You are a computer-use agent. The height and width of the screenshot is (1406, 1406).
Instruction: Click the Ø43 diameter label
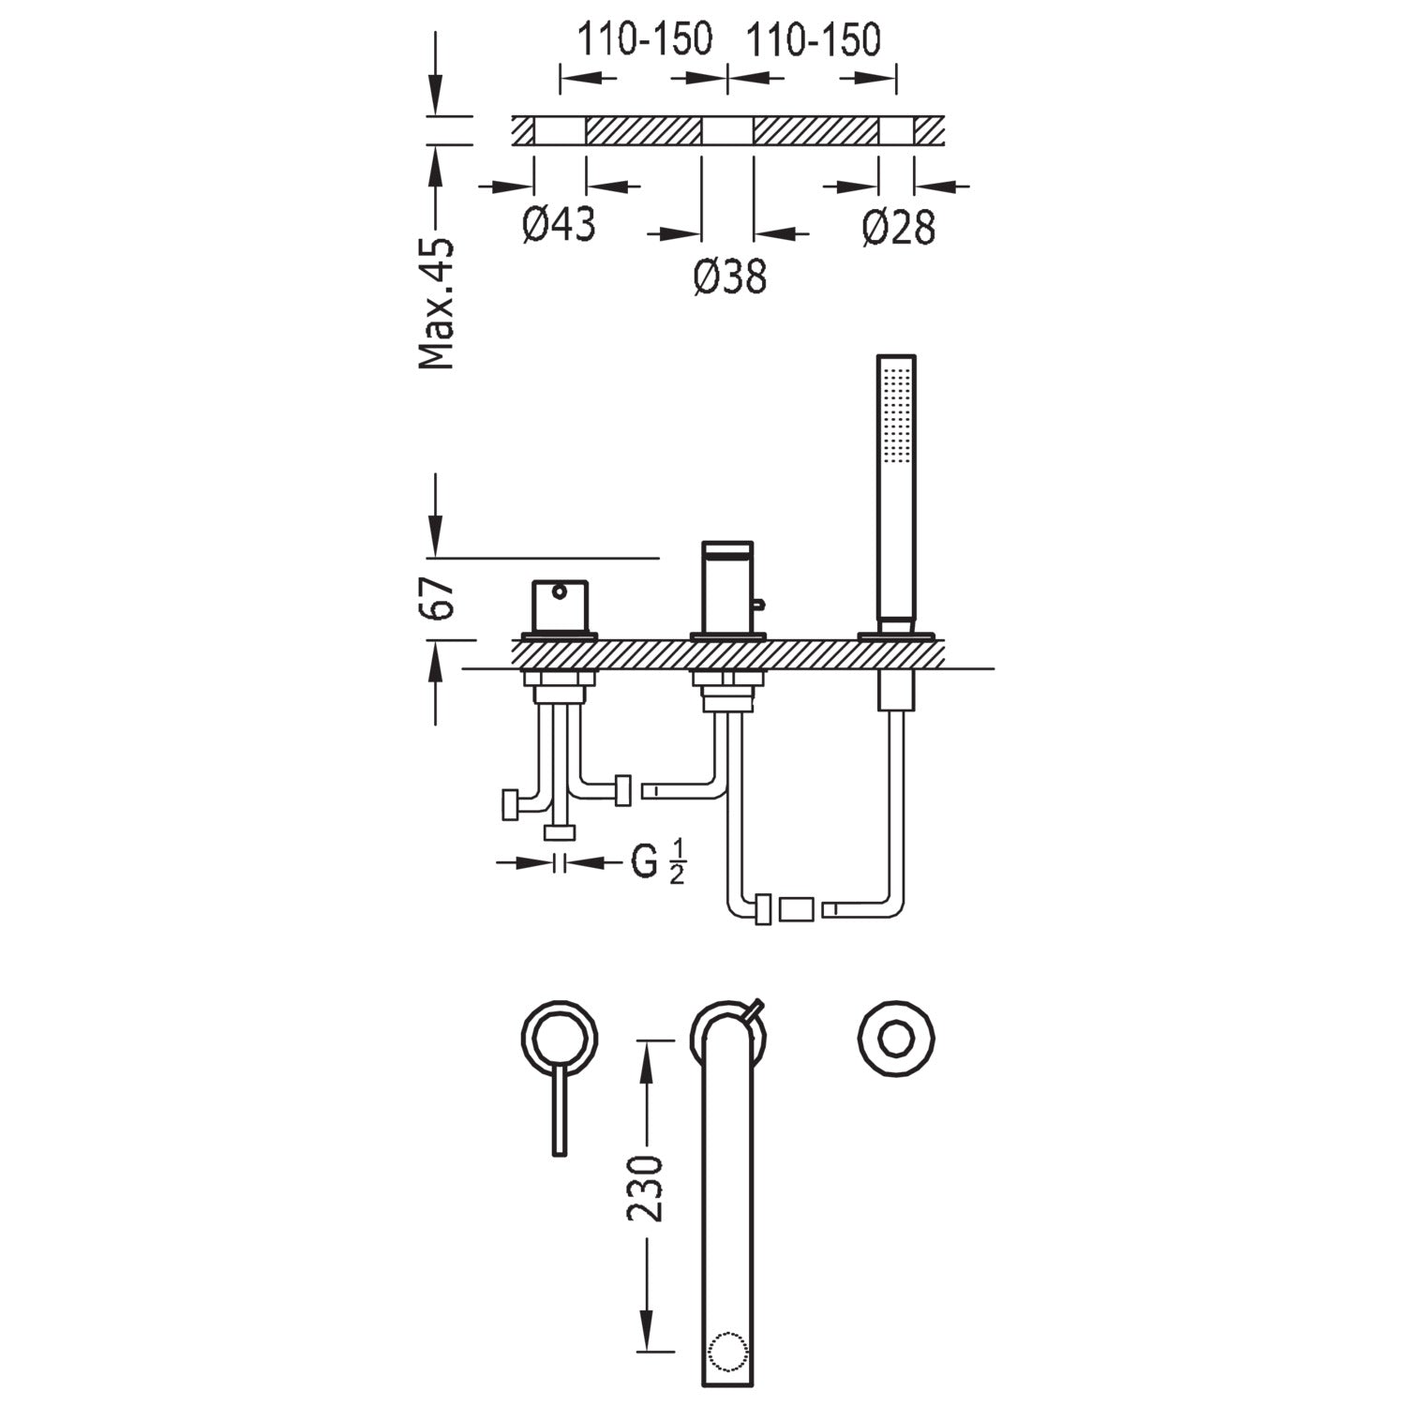(x=559, y=225)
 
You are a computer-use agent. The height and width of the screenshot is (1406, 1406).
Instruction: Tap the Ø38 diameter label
(x=730, y=276)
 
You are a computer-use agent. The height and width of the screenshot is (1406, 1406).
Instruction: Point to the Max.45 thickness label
(x=437, y=303)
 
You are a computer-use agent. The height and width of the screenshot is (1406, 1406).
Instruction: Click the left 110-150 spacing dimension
(x=644, y=39)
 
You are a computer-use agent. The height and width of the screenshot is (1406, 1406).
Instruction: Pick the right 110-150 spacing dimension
(x=813, y=39)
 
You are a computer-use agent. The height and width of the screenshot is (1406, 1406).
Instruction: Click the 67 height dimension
(x=438, y=597)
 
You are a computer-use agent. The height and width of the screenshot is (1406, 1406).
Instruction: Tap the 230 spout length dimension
(x=645, y=1189)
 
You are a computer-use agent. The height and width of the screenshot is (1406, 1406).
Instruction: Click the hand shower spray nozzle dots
(x=897, y=413)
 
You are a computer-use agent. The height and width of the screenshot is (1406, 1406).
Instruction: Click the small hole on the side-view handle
(x=560, y=591)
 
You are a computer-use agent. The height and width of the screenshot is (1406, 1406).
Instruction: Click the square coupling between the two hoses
(x=797, y=909)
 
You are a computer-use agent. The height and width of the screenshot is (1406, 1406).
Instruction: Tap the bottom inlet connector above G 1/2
(x=561, y=833)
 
